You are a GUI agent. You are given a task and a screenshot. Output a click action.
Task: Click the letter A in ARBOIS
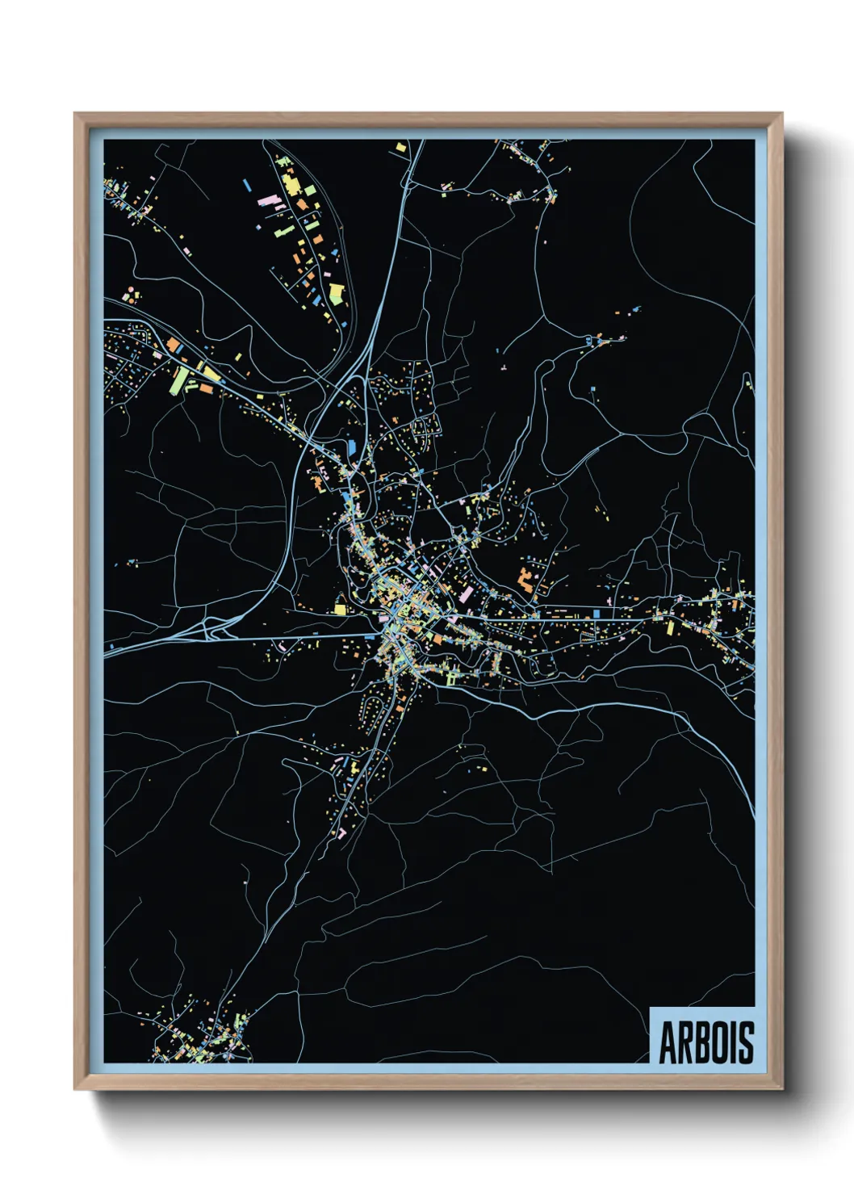coord(668,1042)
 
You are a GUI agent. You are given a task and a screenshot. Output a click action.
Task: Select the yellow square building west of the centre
coord(340,609)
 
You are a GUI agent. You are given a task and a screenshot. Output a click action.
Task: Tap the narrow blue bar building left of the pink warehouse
coord(246,185)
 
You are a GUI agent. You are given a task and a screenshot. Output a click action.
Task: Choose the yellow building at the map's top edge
coord(400,147)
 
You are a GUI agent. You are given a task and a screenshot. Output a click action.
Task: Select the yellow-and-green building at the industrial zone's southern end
coord(337,292)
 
